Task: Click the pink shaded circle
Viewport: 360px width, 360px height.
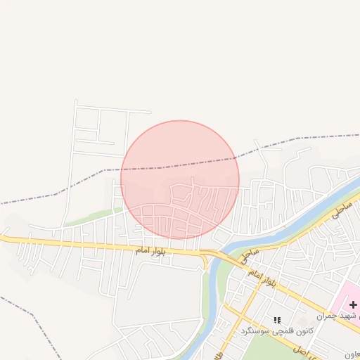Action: pos(179,179)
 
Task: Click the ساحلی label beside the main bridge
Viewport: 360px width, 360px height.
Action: pos(248,247)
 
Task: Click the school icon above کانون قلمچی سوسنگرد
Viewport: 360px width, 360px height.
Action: pos(276,320)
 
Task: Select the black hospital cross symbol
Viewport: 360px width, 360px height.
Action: pos(353,304)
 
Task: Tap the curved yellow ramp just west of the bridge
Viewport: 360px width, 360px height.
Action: pos(205,262)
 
